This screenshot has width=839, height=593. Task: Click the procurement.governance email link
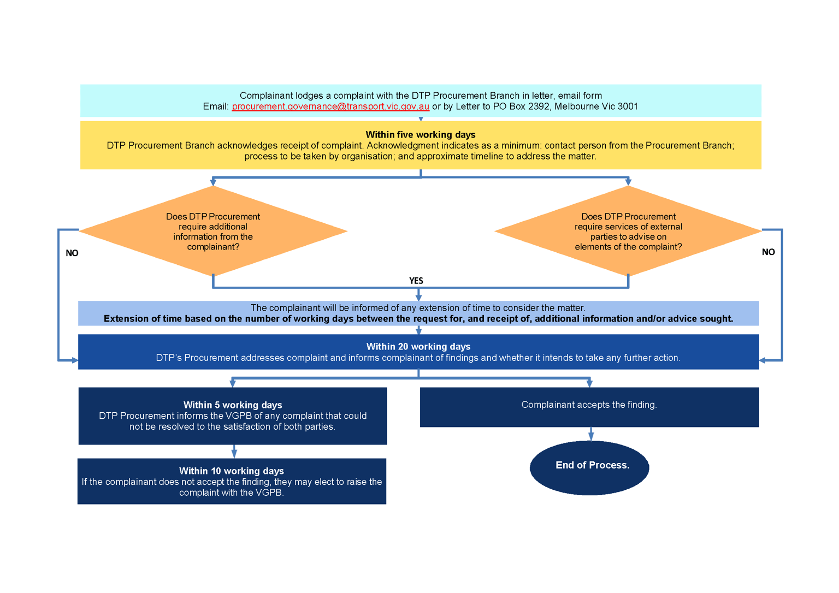coord(330,106)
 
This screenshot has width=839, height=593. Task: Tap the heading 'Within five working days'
coord(420,134)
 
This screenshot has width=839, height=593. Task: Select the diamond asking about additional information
coord(213,232)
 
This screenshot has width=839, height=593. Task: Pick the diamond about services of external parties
coord(628,232)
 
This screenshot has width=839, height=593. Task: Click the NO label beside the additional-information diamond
coord(72,253)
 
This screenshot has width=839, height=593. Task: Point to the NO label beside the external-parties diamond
coord(768,252)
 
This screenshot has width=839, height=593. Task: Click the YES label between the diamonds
coord(416,281)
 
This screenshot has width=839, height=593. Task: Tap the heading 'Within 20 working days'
coord(418,346)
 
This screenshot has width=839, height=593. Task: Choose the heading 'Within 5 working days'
coord(233,405)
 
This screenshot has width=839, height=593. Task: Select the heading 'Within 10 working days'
coord(232,471)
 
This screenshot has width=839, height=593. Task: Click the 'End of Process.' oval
coord(589,467)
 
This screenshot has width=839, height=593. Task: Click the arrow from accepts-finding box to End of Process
coord(590,434)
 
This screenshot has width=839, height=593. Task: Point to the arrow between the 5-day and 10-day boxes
coord(234,451)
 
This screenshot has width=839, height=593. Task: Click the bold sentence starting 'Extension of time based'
coord(418,319)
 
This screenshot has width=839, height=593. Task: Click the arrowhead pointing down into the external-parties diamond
coord(628,181)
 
